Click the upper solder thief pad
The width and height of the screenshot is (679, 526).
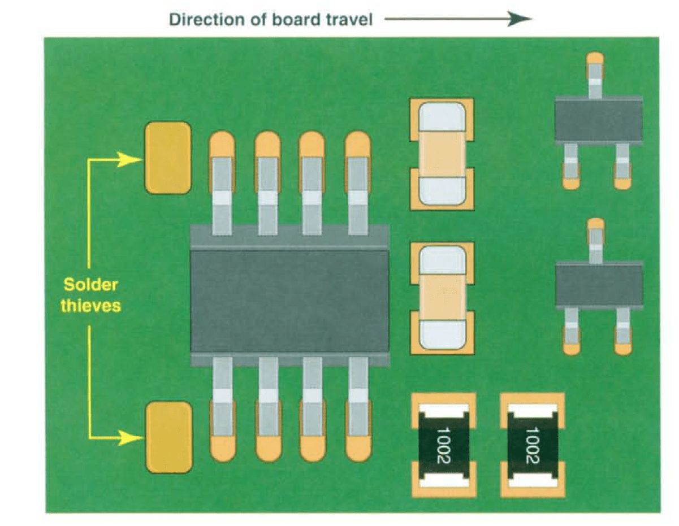click(x=168, y=158)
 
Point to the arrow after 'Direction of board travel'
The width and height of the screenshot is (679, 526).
click(x=458, y=20)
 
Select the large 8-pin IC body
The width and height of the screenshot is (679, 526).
click(x=289, y=299)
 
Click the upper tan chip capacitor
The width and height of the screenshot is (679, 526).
click(x=442, y=154)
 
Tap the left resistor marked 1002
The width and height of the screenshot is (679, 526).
click(x=443, y=445)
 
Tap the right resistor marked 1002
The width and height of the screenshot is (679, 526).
click(x=533, y=445)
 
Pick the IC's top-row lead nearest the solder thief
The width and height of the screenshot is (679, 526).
click(x=222, y=186)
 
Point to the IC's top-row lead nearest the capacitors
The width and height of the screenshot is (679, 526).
click(x=357, y=186)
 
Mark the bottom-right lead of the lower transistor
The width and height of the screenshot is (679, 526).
click(x=622, y=333)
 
